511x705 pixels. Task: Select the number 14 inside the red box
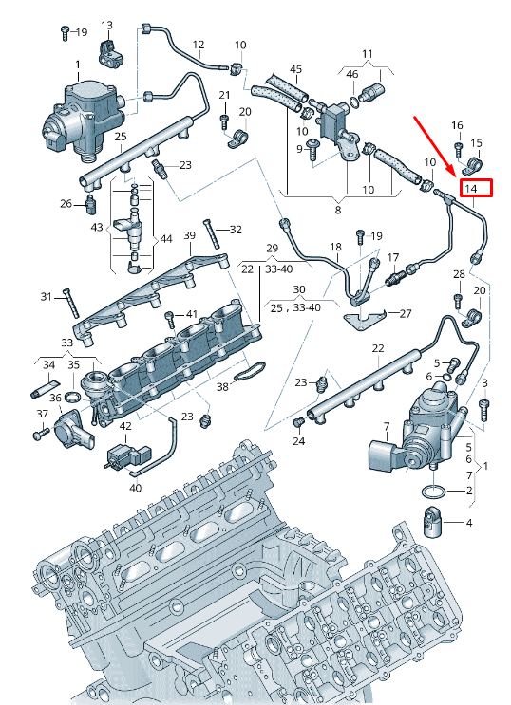point(476,189)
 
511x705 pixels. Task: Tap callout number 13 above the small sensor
point(106,25)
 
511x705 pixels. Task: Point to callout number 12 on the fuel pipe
point(199,45)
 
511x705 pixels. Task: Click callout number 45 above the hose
point(295,70)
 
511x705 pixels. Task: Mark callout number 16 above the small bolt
point(457,125)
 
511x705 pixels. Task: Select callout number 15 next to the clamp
point(477,143)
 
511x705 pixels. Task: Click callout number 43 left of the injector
point(97,228)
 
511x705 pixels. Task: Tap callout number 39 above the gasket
point(189,235)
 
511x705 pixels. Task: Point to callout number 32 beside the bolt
point(236,230)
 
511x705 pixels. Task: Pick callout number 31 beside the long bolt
point(47,297)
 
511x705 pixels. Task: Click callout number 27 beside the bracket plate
point(406,313)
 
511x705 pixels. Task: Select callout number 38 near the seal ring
point(222,387)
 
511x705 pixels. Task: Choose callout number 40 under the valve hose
point(135,488)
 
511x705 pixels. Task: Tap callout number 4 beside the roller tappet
point(468,522)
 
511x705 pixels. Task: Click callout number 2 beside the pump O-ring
point(468,491)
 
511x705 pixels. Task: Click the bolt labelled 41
point(169,317)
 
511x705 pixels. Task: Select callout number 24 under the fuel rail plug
point(298,441)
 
